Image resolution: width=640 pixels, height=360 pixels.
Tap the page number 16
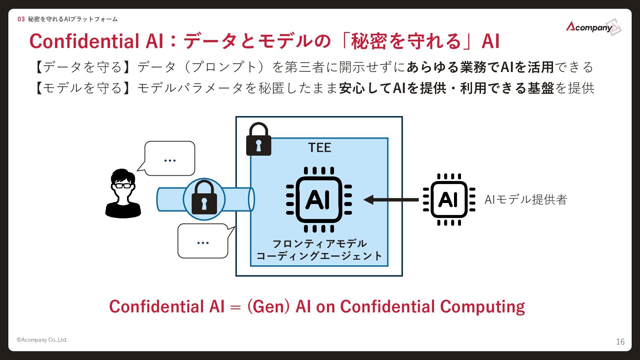[x=620, y=342]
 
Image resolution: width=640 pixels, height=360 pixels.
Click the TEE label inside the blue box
[x=319, y=148]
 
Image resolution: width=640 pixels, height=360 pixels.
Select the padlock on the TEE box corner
[x=258, y=140]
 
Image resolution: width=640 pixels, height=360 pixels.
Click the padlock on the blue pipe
[x=204, y=198]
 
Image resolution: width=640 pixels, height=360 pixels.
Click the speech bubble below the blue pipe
[x=203, y=241]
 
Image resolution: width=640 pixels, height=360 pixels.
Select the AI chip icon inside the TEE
[x=319, y=199]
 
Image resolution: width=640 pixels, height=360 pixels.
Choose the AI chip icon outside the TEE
[x=449, y=199]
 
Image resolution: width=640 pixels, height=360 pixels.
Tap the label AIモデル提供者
[x=526, y=200]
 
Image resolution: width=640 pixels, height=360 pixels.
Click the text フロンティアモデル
[x=319, y=244]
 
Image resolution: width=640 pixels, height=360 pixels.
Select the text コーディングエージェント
[x=319, y=256]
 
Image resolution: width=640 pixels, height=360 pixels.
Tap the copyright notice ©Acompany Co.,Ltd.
[x=42, y=340]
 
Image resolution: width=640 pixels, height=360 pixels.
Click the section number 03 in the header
[x=21, y=19]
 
